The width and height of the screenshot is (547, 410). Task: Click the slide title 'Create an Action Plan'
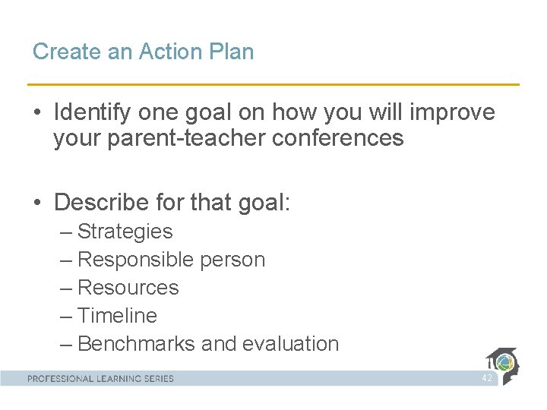pos(143,52)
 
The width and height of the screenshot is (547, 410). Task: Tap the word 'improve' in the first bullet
pos(452,112)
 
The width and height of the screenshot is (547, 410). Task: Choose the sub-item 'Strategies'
pos(125,232)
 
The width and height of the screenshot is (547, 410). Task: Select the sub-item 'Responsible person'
pos(171,260)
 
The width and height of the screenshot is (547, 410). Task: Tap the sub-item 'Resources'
pos(128,288)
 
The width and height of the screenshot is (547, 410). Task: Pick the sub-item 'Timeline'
pos(117,316)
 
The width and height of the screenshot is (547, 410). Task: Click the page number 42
pos(487,378)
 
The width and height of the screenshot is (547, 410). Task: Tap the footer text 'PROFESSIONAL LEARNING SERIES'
pos(100,378)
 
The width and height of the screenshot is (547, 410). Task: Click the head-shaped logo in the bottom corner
pos(503,365)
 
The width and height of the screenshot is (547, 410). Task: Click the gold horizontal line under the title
pos(273,84)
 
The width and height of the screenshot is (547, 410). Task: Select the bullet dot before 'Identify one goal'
pos(37,113)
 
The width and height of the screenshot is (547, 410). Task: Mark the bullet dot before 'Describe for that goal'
pos(37,203)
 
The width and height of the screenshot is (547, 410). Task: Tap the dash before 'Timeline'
pos(65,316)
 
